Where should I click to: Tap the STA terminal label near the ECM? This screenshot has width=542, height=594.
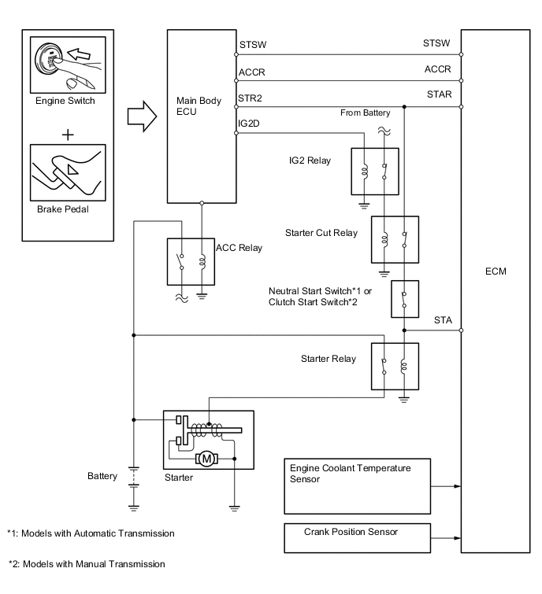point(443,320)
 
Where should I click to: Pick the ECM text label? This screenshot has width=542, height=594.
point(496,271)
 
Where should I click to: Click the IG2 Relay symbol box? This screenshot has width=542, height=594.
point(374,171)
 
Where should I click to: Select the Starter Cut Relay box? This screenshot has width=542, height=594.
point(394,239)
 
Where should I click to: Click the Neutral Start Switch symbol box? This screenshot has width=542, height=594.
point(403,299)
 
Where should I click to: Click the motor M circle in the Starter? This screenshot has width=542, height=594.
point(207,458)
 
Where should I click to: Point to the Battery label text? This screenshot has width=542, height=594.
point(102,476)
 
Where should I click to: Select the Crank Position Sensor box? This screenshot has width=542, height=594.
point(358,538)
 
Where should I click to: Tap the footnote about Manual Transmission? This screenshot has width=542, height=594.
point(87,563)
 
